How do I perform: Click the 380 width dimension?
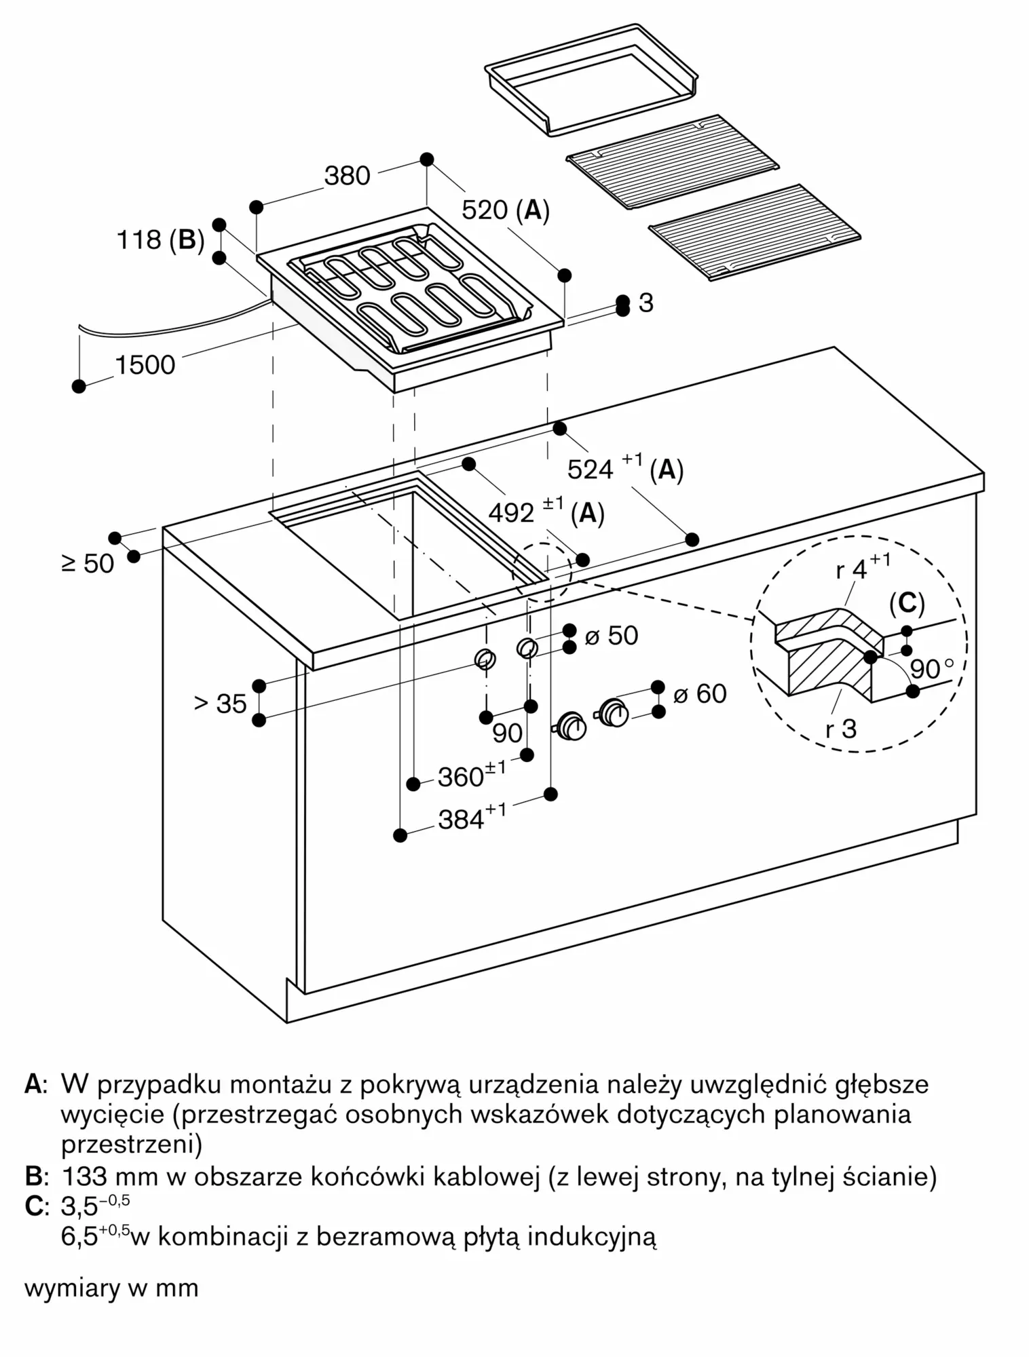point(347,176)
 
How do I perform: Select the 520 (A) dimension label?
point(505,210)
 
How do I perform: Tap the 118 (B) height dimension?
point(161,240)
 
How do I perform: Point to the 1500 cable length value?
point(145,366)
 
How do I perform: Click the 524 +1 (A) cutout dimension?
point(624,468)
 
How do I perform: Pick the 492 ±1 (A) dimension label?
point(546,512)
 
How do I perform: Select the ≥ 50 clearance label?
point(88,563)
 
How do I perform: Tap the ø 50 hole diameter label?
point(611,636)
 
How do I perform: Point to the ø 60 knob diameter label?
point(700,693)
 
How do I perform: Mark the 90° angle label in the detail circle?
point(936,669)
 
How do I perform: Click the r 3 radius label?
point(840,729)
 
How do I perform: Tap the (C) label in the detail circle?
point(907,603)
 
